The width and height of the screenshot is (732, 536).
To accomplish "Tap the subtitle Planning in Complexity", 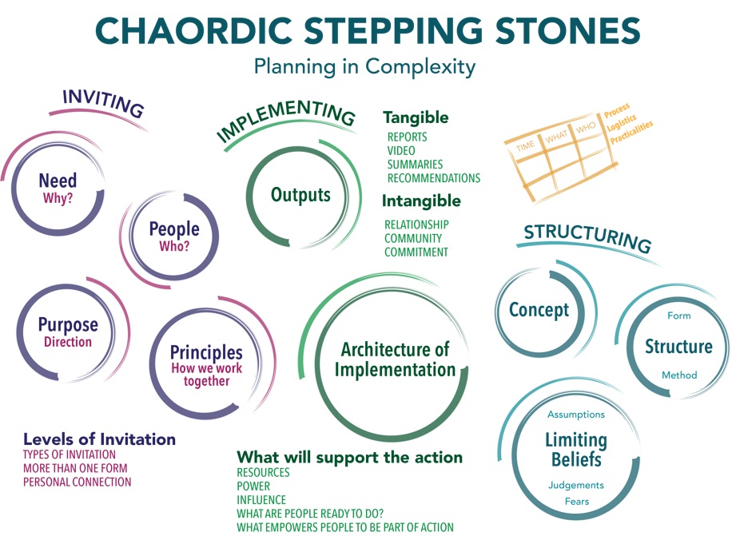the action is click(x=364, y=67).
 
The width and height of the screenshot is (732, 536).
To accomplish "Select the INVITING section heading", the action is click(x=104, y=103).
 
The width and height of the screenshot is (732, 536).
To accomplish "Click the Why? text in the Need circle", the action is click(x=58, y=198).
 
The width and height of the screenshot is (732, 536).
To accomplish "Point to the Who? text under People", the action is click(x=174, y=246).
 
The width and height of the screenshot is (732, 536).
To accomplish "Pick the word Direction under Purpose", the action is click(x=68, y=342).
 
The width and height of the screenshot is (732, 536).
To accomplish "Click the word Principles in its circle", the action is click(x=206, y=353).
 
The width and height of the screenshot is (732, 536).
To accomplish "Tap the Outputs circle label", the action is click(x=300, y=195).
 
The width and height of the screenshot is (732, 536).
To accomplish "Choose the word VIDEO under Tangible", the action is click(x=401, y=151).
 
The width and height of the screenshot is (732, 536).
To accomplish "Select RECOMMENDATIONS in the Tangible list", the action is click(x=434, y=178).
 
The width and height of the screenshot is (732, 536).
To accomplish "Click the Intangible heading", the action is click(x=421, y=201).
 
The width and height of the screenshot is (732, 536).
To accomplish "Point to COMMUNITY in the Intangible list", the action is click(x=413, y=238).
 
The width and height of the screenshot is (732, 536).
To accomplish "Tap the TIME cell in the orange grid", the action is click(x=525, y=146).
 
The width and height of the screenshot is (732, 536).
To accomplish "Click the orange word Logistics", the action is click(x=622, y=123).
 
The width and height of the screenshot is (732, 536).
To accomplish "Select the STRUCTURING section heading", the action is click(x=587, y=237).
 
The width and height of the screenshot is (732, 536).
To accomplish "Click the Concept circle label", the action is click(x=539, y=310).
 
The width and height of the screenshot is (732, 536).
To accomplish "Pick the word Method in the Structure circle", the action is click(x=679, y=375).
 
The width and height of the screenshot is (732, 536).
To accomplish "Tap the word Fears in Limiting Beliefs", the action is click(x=577, y=502).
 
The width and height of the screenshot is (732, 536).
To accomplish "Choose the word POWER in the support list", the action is click(x=253, y=486).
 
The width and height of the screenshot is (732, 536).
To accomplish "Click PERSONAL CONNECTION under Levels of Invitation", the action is click(x=78, y=482).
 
